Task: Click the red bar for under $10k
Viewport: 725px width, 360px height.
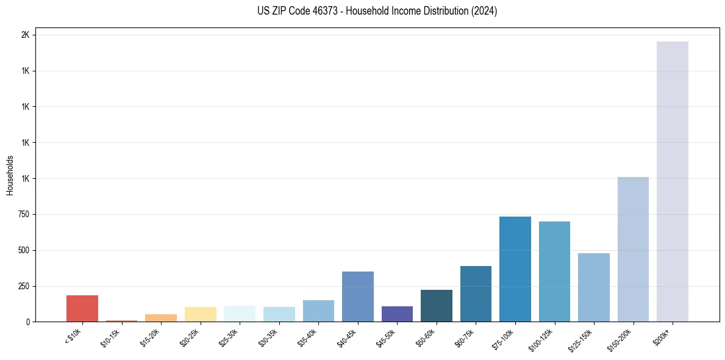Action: pos(82,308)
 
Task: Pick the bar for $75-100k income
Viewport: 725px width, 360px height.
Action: pos(515,269)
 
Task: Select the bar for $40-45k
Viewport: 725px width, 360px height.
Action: pos(357,297)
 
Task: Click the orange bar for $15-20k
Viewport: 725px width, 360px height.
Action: pos(160,318)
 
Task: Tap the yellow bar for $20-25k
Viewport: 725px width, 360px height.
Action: pos(200,314)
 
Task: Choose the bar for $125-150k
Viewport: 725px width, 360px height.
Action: pos(593,287)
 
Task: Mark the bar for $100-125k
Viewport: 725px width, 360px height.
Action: pos(554,272)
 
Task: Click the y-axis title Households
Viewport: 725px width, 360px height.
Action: pos(10,175)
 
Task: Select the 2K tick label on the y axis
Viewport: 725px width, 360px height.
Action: pos(25,35)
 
